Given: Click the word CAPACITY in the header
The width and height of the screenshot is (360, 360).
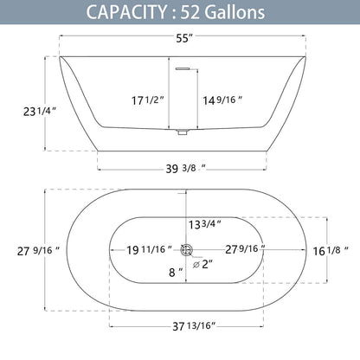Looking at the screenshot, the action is coord(126,12).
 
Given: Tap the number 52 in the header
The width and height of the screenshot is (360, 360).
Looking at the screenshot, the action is coord(190,12).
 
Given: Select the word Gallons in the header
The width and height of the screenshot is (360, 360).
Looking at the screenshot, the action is coord(235,12).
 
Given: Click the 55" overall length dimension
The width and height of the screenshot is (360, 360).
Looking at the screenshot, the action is coord(184,38).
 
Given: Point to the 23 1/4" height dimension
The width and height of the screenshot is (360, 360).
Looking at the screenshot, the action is coord(40,111).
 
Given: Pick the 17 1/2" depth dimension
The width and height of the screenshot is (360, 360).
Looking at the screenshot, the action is coord(148,100).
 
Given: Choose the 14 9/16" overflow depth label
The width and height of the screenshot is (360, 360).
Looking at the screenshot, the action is coord(222,100).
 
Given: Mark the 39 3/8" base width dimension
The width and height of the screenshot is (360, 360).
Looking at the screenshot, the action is coord(185,168).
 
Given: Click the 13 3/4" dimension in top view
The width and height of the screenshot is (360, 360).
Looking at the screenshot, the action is coord(205,224).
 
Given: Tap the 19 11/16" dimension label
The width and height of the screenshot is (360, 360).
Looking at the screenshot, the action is coord(149,249).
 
